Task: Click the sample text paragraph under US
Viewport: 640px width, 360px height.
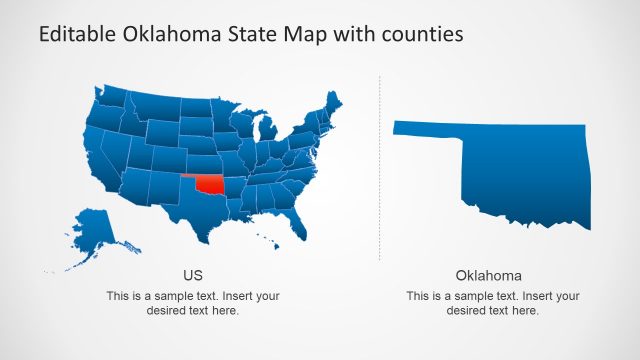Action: [193, 303]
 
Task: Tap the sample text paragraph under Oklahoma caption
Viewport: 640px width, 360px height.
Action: [492, 303]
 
